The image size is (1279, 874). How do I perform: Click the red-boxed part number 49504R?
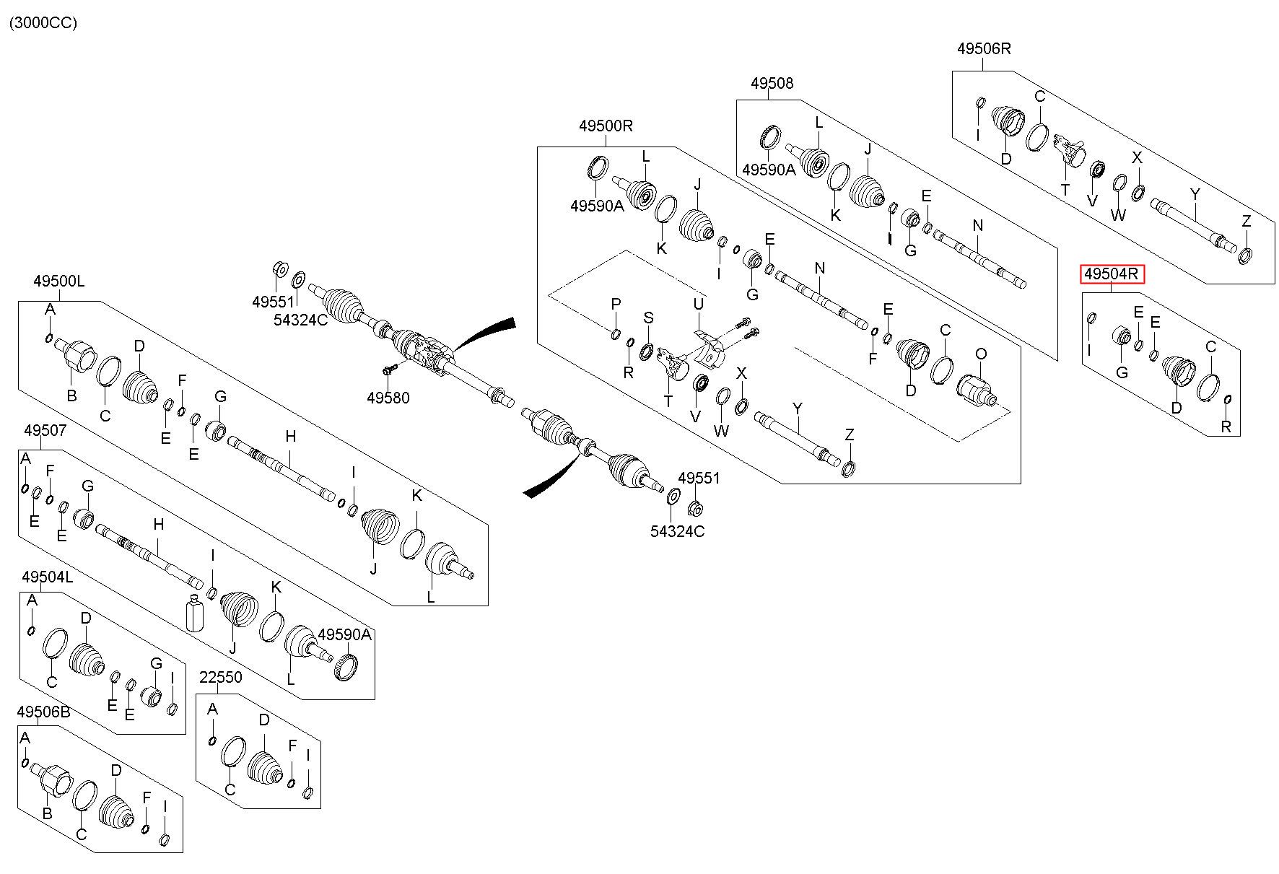pyautogui.click(x=1112, y=274)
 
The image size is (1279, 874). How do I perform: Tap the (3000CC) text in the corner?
pyautogui.click(x=43, y=23)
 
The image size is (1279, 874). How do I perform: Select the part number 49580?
pyautogui.click(x=388, y=398)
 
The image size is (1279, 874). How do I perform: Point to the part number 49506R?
pyautogui.click(x=984, y=49)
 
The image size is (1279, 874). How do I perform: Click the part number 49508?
pyautogui.click(x=772, y=84)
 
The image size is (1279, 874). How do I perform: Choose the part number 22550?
pyautogui.click(x=221, y=678)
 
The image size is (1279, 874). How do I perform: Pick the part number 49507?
pyautogui.click(x=45, y=431)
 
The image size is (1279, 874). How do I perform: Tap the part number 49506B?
pyautogui.click(x=43, y=712)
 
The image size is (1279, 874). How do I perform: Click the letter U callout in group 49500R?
pyautogui.click(x=698, y=305)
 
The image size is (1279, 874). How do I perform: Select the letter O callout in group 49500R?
pyautogui.click(x=981, y=354)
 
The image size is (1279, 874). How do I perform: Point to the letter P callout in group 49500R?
pyautogui.click(x=616, y=305)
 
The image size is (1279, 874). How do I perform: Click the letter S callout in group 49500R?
pyautogui.click(x=648, y=318)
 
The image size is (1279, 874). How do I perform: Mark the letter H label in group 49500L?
pyautogui.click(x=290, y=436)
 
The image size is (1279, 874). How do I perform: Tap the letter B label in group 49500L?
pyautogui.click(x=71, y=396)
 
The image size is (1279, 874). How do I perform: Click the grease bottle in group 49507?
pyautogui.click(x=195, y=614)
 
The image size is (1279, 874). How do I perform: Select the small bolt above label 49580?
pyautogui.click(x=389, y=370)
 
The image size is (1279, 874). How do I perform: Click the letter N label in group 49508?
pyautogui.click(x=978, y=225)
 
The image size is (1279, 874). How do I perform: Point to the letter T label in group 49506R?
pyautogui.click(x=1065, y=189)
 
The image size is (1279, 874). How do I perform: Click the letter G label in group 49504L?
pyautogui.click(x=156, y=663)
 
